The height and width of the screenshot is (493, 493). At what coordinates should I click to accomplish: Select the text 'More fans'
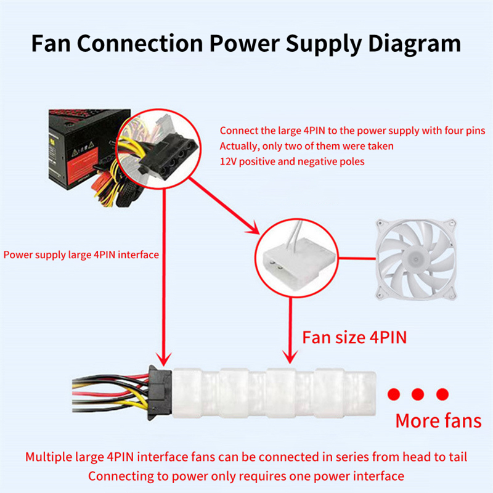[x=438, y=421]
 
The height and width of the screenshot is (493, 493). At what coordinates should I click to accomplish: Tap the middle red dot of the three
[x=418, y=394]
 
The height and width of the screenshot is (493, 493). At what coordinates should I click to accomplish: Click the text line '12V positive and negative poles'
[x=291, y=161]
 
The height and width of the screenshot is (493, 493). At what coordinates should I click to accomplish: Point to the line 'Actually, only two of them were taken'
[x=306, y=146]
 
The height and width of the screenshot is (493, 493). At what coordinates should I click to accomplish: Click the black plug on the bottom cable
[x=157, y=393]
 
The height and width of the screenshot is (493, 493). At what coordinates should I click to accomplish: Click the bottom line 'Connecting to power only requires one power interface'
[x=246, y=476]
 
